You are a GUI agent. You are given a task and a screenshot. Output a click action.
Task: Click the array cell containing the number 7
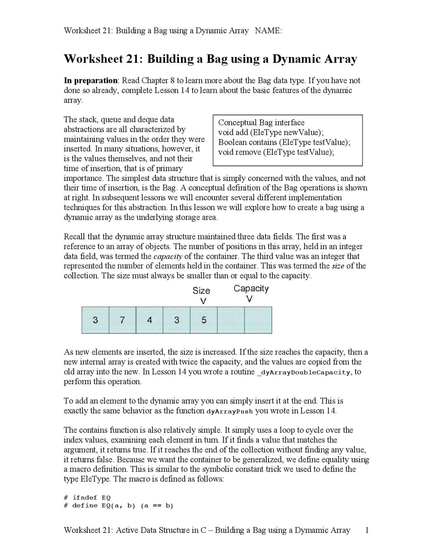pos(122,320)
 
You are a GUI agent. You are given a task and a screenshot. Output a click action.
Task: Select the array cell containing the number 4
pos(150,320)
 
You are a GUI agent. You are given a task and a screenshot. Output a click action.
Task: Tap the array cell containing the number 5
pos(204,320)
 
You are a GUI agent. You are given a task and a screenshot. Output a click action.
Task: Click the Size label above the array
pos(201,290)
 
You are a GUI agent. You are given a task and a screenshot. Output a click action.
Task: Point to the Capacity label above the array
pos(251,288)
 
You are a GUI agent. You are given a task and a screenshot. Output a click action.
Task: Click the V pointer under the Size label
pos(203,301)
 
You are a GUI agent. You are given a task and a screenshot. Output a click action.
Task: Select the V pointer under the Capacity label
pos(249,299)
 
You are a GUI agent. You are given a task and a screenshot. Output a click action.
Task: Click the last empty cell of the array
pos(258,320)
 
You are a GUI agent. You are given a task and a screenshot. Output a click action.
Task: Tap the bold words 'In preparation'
pos(91,80)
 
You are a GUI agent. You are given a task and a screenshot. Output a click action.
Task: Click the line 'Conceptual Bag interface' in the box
pos(261,122)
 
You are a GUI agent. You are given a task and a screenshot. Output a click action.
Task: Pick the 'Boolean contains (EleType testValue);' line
pos(284,142)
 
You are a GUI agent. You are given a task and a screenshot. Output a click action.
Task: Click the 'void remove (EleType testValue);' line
pos(276,152)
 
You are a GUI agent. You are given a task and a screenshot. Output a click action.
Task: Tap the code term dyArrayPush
pos(230,412)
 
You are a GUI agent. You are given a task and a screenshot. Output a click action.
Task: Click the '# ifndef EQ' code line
pos(87,497)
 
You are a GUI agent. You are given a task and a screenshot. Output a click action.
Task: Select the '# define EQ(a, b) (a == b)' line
pos(118,506)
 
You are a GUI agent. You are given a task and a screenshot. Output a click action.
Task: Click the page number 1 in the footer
pos(366,530)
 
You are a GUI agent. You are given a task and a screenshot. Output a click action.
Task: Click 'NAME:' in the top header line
pos(268,31)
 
